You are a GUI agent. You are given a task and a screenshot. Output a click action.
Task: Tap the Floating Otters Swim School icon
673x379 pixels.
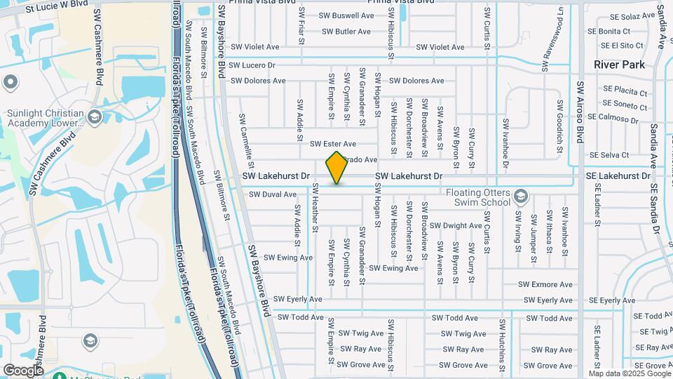520,195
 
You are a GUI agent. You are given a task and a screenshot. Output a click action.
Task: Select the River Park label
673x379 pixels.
619,65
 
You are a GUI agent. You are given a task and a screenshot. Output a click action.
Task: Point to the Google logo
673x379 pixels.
23,370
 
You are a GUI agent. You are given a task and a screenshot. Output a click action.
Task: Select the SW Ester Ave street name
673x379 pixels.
333,144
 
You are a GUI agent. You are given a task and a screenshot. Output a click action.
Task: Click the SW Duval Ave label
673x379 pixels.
273,194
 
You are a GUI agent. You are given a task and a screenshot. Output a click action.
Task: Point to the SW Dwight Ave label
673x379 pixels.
456,226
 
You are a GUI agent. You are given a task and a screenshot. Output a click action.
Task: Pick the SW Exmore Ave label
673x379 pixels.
545,285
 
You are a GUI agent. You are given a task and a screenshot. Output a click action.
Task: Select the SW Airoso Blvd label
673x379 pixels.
580,112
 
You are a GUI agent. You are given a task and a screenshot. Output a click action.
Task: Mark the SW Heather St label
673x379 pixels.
316,208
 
